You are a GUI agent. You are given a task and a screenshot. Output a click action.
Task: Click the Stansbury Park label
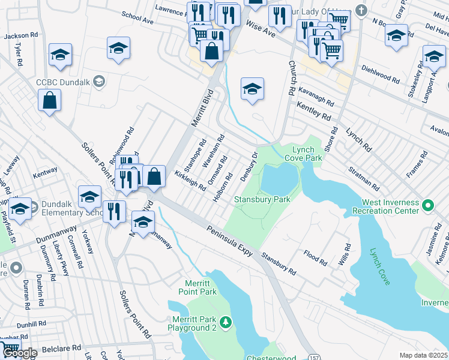[x=262, y=199]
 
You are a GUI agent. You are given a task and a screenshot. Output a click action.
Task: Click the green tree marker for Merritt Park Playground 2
[x=226, y=323]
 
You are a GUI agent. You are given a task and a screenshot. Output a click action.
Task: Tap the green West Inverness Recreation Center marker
[x=428, y=206]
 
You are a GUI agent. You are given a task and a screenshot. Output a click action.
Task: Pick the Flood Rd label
[x=315, y=258]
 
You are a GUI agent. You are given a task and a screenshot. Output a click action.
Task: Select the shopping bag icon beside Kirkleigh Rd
[x=154, y=176]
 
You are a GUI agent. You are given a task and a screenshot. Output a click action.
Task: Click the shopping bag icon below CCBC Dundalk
[x=49, y=101]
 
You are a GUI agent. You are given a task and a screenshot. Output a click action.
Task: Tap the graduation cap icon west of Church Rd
[x=253, y=89]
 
